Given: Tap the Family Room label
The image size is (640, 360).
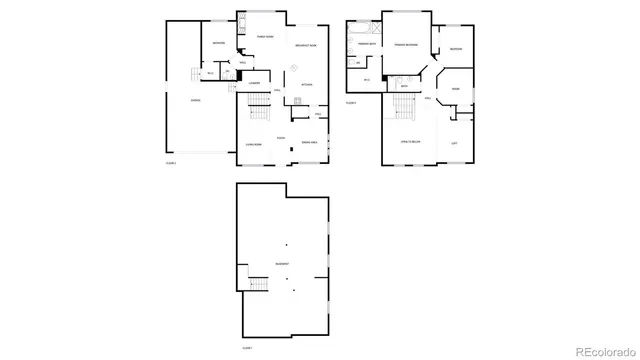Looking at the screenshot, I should click(x=265, y=37).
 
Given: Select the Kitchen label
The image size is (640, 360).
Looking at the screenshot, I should click(x=307, y=84).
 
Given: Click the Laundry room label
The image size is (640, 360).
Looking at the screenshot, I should click(x=255, y=83).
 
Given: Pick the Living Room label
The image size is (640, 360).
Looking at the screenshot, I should click(x=253, y=145).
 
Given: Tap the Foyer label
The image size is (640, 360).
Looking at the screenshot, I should click(x=281, y=137).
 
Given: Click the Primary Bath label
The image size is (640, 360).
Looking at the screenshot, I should click(x=366, y=44).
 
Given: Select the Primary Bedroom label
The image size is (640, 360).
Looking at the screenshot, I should click(x=405, y=45).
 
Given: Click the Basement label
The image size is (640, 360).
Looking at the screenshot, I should click(x=283, y=265).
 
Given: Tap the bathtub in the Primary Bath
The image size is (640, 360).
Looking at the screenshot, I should click(x=353, y=44).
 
